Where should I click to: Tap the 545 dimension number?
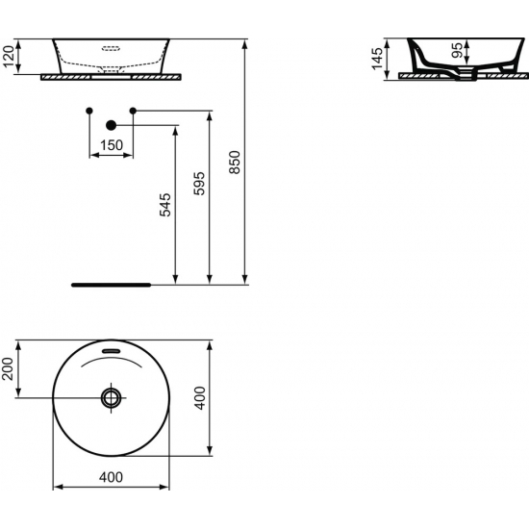(x=164, y=207)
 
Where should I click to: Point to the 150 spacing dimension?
(x=112, y=144)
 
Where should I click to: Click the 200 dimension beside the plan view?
(x=10, y=367)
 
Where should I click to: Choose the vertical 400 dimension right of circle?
(x=199, y=396)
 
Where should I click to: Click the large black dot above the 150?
(x=111, y=124)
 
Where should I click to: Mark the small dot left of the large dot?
(x=88, y=111)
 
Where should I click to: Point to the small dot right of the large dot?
(x=133, y=111)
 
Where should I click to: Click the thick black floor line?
(x=112, y=285)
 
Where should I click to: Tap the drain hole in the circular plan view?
(x=112, y=396)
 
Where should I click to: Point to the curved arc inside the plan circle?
(x=112, y=362)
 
